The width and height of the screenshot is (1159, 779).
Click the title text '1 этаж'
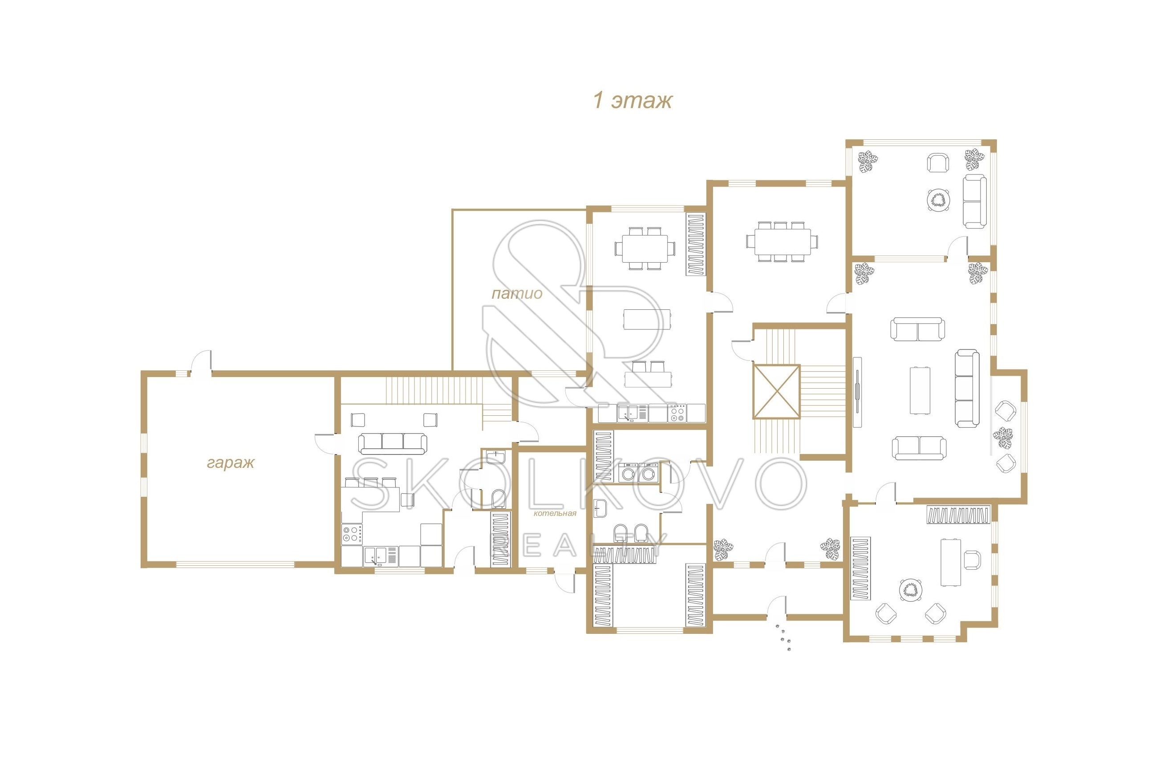coord(632,100)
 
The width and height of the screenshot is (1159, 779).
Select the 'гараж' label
coord(231,463)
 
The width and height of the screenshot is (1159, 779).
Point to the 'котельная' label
coord(555,513)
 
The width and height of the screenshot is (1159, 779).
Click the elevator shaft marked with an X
coord(777,391)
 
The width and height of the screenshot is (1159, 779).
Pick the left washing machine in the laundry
coord(628,472)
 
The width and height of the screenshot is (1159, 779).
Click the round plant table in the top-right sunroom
coord(938,200)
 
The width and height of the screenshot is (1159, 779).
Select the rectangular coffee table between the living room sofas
coord(920,390)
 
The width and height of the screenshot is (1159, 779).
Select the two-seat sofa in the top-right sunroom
coord(975,201)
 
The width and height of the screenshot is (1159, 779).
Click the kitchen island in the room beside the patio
coord(647,319)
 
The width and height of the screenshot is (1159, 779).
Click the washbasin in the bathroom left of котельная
coord(495,457)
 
